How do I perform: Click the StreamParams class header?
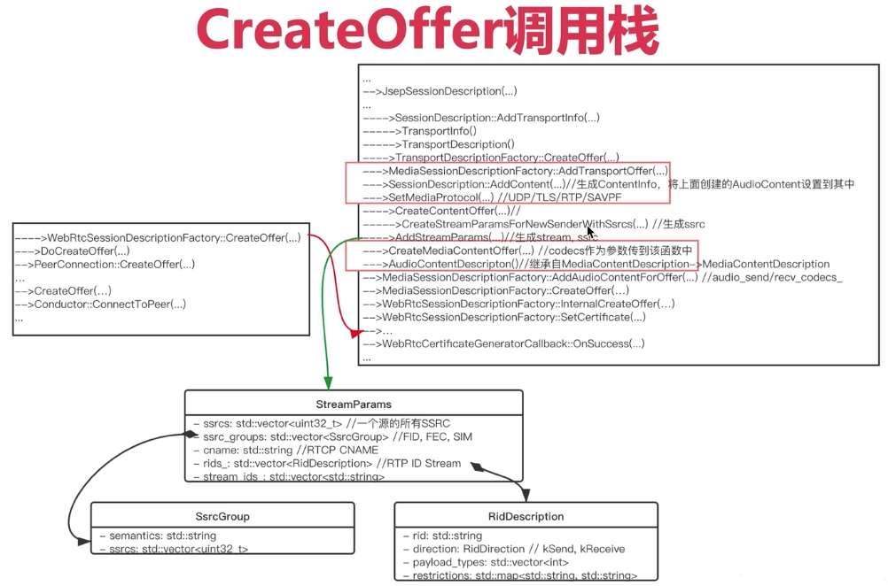click(x=354, y=404)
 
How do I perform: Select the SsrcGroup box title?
click(x=222, y=516)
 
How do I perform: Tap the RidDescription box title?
click(x=526, y=516)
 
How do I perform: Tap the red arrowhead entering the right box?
click(x=356, y=334)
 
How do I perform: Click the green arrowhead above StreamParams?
click(x=328, y=382)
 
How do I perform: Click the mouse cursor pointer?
click(x=590, y=232)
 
